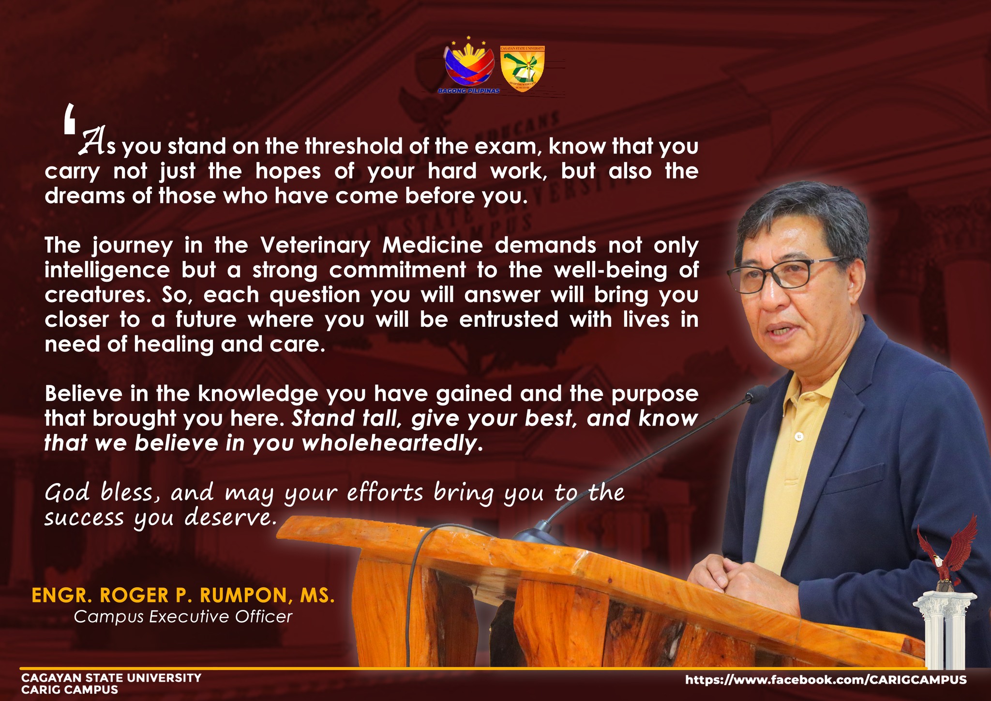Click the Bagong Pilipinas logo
pyautogui.click(x=469, y=66)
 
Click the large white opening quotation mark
pyautogui.click(x=70, y=118)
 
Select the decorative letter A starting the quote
pyautogui.click(x=93, y=142)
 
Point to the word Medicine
pyautogui.click(x=433, y=245)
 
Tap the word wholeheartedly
pyautogui.click(x=392, y=443)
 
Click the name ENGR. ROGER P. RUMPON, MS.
pyautogui.click(x=183, y=595)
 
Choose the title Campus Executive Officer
pyautogui.click(x=183, y=617)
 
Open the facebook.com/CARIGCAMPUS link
pyautogui.click(x=826, y=680)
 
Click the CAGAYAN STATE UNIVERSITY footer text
pyautogui.click(x=111, y=678)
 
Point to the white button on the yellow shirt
pyautogui.click(x=799, y=437)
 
